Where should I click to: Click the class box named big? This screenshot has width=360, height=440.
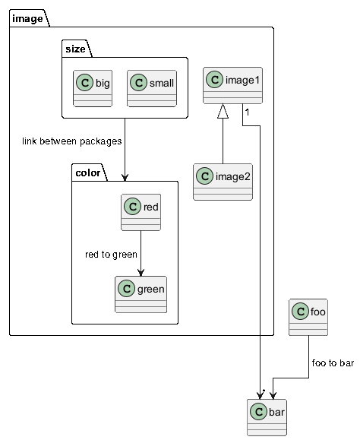tap(93, 88)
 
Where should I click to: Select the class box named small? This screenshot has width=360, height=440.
tap(152, 88)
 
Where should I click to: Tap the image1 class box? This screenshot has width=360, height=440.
tap(232, 85)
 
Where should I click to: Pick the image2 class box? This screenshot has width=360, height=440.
tap(223, 182)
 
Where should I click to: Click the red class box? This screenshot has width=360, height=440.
tap(141, 212)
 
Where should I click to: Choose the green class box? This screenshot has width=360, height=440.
tap(141, 294)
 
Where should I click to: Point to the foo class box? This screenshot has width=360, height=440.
tap(308, 317)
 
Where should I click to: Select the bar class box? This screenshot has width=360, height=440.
tap(267, 417)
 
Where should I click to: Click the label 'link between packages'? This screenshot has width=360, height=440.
tap(72, 141)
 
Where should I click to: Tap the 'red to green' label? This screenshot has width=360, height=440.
tap(111, 255)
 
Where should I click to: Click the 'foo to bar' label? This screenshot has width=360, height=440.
tap(333, 363)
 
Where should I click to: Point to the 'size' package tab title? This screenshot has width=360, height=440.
tap(75, 49)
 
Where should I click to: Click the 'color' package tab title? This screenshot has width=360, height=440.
tap(88, 173)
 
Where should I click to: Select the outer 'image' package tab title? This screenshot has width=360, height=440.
tap(27, 19)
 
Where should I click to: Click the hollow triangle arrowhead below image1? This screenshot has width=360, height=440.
tap(223, 111)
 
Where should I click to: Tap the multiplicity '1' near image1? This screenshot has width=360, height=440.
tap(247, 112)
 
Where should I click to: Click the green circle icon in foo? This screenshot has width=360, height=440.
tap(300, 312)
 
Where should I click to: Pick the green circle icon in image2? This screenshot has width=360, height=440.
tap(204, 176)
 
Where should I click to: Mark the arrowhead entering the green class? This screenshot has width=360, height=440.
tap(141, 273)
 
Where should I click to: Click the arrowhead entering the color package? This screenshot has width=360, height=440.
tap(125, 177)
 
